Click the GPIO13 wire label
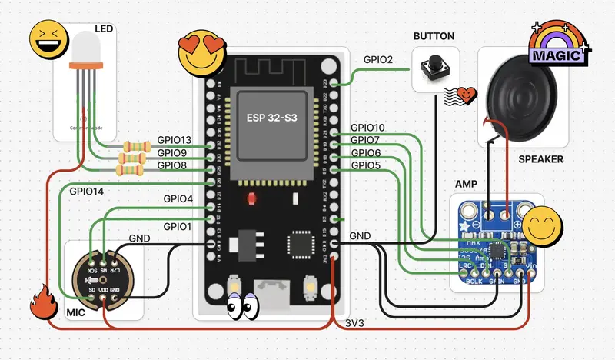pyautogui.click(x=174, y=140)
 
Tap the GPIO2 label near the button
pyautogui.click(x=377, y=60)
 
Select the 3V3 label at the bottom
pyautogui.click(x=354, y=322)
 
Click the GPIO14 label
pyautogui.click(x=85, y=190)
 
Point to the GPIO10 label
pyautogui.click(x=367, y=128)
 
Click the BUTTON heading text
pyautogui.click(x=434, y=36)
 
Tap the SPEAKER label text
pyautogui.click(x=540, y=159)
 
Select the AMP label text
pyautogui.click(x=466, y=185)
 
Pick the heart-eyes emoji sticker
pyautogui.click(x=197, y=54)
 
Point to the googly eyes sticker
pyautogui.click(x=243, y=306)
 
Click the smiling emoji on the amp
pyautogui.click(x=544, y=225)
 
